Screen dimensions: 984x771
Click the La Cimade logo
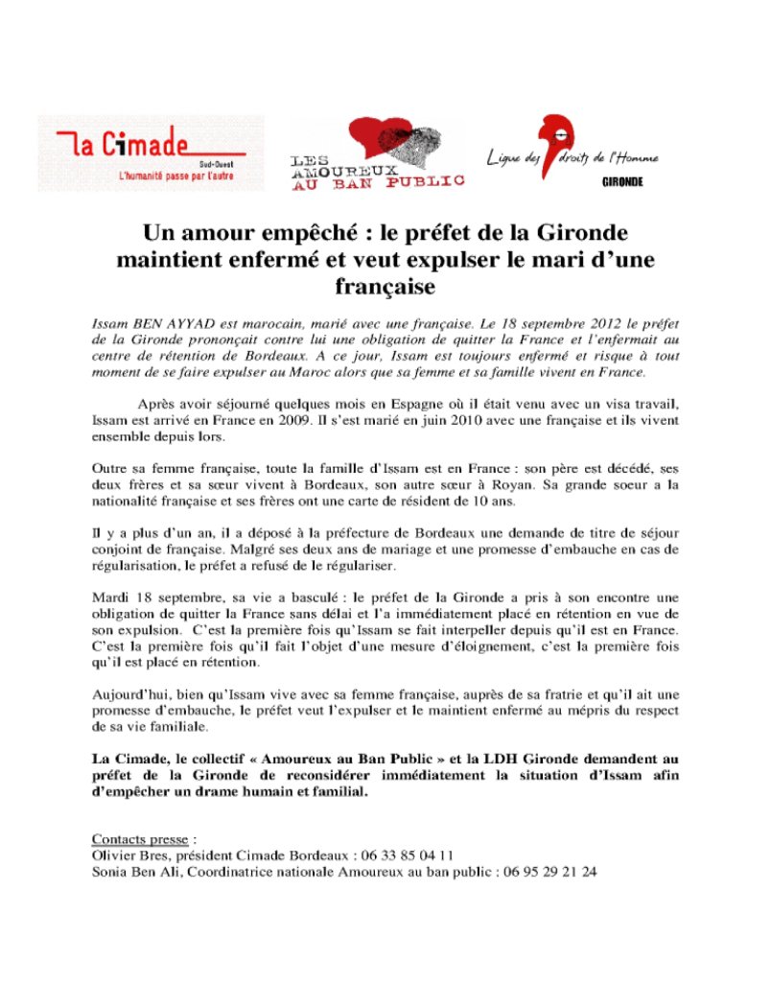click(149, 153)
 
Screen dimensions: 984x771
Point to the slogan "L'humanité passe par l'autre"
click(176, 176)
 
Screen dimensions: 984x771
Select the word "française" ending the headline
click(385, 286)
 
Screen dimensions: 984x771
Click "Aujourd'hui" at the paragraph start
click(129, 692)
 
